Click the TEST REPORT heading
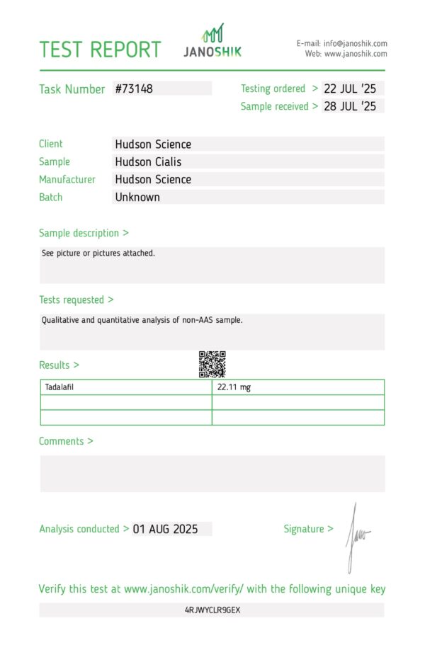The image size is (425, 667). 100,50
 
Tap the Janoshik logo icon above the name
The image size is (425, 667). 213,33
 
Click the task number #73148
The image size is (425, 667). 134,89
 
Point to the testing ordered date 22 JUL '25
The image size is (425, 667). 350,89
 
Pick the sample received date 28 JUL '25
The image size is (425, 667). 350,107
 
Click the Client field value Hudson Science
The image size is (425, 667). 153,144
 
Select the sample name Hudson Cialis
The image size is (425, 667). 148,162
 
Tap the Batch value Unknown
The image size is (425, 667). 137,198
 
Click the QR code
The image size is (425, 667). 212,364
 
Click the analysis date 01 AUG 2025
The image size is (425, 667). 165,529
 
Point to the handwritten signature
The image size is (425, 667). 356,537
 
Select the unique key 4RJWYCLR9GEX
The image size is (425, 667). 212,610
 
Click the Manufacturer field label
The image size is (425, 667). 67,180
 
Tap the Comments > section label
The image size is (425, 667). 66,441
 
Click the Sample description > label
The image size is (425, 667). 84,233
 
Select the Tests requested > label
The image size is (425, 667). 76,300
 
